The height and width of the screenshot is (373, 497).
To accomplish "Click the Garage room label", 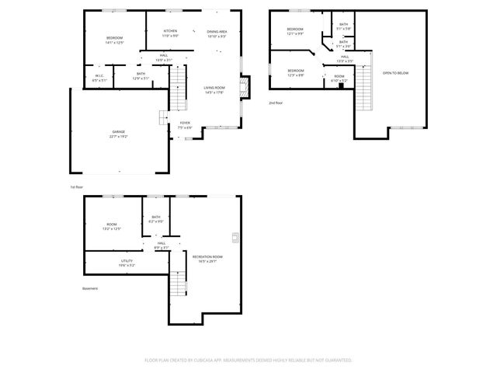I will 119,134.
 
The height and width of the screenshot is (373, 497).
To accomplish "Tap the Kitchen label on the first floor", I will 170,33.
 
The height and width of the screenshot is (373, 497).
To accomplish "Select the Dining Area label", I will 217,33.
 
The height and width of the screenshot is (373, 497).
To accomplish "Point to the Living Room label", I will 214,91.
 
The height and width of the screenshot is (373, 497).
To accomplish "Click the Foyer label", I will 185,124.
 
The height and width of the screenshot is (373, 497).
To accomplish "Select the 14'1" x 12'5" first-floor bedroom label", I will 115,40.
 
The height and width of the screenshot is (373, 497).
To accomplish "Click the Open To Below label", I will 394,73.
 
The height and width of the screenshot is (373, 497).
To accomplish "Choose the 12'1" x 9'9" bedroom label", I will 295,33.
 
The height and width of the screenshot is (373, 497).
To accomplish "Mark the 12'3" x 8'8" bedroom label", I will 296,72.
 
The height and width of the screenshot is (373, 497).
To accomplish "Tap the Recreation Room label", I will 207,259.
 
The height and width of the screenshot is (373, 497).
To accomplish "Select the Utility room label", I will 127,263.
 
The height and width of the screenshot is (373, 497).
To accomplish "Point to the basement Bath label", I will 156,219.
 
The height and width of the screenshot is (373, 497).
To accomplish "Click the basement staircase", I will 179,283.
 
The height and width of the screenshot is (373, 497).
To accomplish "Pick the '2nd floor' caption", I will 276,103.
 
